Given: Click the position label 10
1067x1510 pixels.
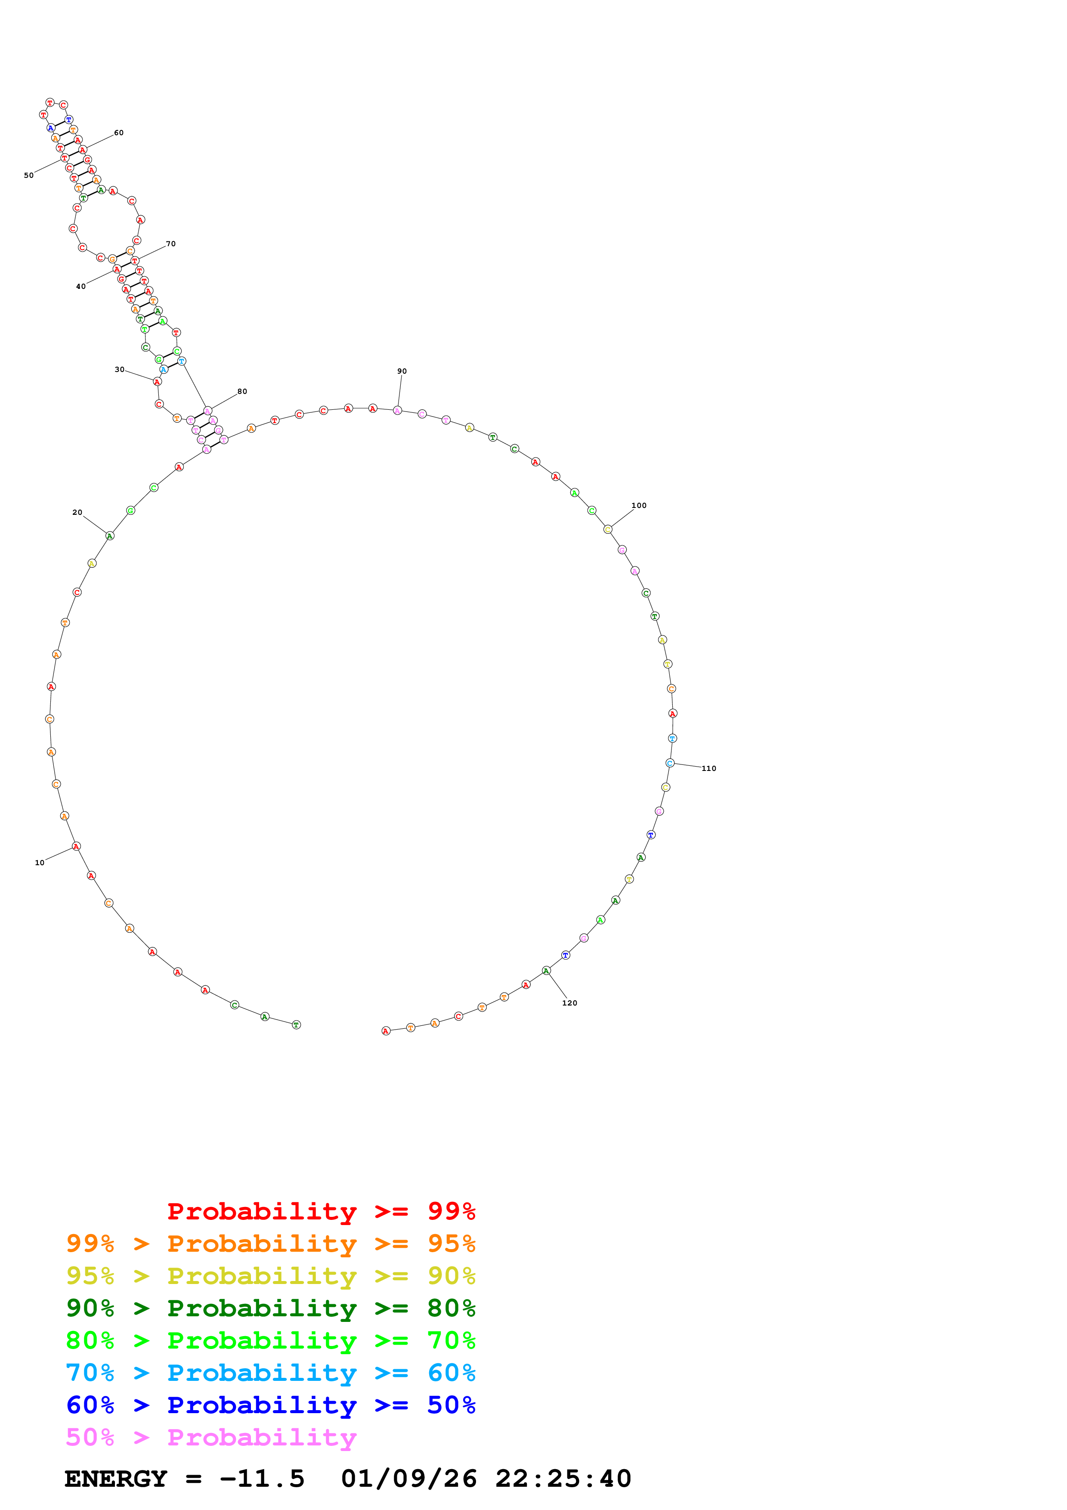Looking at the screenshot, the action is [40, 863].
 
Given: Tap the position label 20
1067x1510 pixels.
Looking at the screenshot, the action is [77, 512].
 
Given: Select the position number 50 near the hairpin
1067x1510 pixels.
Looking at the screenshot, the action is [28, 176].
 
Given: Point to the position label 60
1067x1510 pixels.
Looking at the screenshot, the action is [118, 133].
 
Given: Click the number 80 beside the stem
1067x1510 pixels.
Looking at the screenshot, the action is [242, 391].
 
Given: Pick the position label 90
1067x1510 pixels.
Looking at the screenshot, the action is [402, 371].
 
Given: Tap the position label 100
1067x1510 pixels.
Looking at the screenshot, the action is [638, 506].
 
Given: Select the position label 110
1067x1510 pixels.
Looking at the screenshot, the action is [709, 768].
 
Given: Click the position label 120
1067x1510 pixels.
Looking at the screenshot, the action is [569, 1003].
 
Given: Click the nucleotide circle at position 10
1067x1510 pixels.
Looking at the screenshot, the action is [76, 846].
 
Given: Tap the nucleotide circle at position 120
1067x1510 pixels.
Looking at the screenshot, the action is [546, 971].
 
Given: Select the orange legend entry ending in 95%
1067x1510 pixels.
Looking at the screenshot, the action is [270, 1244].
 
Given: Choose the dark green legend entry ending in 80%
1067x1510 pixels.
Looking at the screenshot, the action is [270, 1308].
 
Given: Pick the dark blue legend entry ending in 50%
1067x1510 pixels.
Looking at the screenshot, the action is [270, 1405].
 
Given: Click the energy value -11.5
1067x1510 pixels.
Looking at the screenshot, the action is [262, 1479].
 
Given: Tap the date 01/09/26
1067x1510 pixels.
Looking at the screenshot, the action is [408, 1479].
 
